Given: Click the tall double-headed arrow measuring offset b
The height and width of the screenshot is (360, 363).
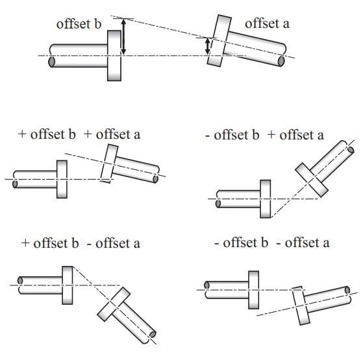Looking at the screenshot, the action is [123, 37].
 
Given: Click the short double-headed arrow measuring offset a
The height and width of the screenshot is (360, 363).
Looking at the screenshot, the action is [208, 47].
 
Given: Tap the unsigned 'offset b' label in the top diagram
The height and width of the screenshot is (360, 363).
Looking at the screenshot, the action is [79, 24].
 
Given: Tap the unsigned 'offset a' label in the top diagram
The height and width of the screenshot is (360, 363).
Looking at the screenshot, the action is [267, 23].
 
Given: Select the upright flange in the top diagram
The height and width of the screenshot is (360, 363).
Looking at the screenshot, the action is [114, 56].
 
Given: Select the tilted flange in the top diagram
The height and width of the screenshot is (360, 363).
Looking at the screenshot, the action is [219, 41].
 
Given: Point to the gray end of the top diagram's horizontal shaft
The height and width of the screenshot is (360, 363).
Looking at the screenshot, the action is [51, 62].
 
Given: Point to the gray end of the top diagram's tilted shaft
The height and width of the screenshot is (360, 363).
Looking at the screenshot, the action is [281, 61].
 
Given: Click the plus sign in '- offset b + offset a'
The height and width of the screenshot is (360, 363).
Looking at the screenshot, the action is [271, 135].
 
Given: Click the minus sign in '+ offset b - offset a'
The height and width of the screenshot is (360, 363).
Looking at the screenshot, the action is [89, 245].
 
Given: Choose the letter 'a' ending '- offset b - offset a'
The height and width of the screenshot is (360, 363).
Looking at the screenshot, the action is [326, 244].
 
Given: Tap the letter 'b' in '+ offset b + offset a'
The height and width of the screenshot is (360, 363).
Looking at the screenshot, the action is [72, 134].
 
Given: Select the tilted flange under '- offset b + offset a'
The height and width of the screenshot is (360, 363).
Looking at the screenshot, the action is [312, 180].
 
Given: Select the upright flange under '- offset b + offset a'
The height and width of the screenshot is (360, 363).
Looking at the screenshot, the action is [266, 199].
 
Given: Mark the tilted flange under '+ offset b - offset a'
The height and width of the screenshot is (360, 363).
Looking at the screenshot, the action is [114, 304].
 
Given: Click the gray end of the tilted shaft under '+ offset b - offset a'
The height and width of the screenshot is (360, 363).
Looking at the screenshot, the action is [153, 334].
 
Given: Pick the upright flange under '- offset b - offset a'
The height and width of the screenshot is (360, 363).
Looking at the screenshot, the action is [254, 290].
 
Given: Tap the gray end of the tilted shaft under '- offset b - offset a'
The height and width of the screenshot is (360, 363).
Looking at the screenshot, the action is [347, 291].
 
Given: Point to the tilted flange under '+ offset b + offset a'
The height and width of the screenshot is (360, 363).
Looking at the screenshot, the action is [109, 163].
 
